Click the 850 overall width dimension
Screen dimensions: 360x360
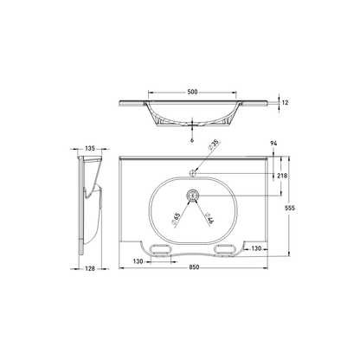tap(197, 267)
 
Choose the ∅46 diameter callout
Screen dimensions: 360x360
tap(210, 217)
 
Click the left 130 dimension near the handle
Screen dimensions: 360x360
tap(138, 259)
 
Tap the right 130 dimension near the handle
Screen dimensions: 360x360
tap(257, 248)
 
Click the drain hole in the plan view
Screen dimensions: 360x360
tap(192, 196)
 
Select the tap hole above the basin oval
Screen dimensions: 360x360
tap(192, 172)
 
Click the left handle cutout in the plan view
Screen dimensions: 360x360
tap(160, 249)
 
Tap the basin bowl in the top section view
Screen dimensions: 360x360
tap(191, 113)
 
